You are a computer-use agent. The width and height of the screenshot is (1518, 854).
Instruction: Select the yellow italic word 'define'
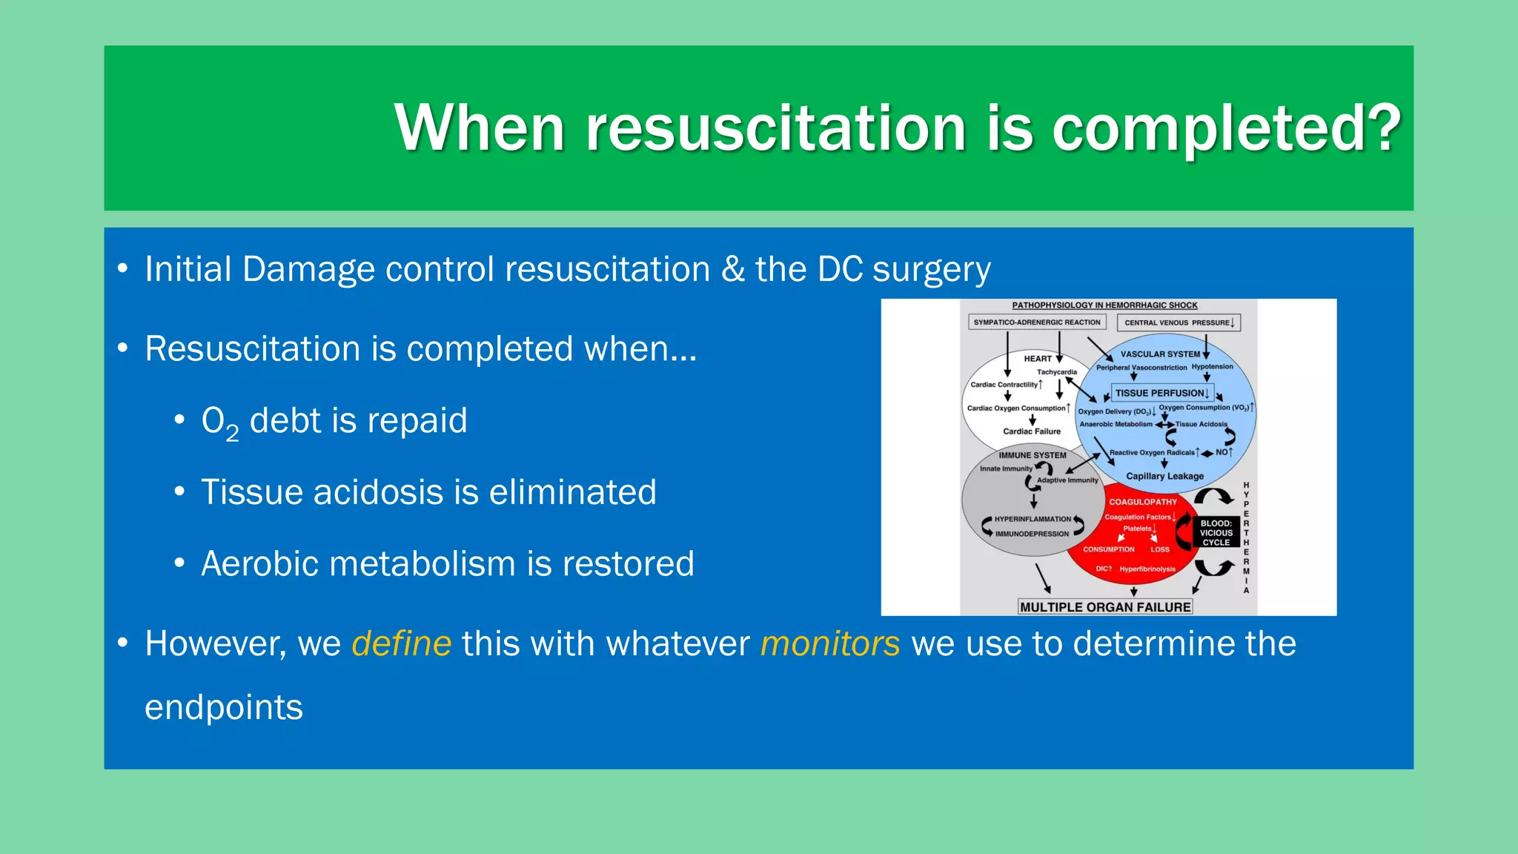pos(401,643)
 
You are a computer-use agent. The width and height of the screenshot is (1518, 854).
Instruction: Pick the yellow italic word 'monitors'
pos(830,643)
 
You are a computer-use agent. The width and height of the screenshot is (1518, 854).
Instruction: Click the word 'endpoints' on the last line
pos(224,707)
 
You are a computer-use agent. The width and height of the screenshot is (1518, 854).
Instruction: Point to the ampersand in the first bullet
pos(732,269)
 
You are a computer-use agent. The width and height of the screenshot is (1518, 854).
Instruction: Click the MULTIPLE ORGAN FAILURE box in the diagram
pos(1105,607)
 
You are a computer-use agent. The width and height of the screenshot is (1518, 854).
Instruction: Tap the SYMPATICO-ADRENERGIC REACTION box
pos(1037,322)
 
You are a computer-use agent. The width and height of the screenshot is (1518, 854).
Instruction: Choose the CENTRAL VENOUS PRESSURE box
pos(1179,322)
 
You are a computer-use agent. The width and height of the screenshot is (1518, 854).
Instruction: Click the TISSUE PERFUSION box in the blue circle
pos(1162,393)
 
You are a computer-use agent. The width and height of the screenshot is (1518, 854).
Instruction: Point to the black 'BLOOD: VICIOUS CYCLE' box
pos(1216,532)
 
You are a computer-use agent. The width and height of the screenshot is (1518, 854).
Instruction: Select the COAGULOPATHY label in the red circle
pos(1142,502)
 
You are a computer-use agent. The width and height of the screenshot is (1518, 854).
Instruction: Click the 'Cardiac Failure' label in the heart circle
pos(1032,431)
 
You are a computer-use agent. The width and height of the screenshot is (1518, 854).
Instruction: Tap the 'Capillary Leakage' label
pos(1164,476)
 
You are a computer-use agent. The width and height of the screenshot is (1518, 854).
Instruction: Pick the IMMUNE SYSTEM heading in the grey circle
pos(1033,455)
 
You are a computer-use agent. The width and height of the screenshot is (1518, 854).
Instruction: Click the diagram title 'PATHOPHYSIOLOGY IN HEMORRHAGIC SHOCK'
pos(1104,305)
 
